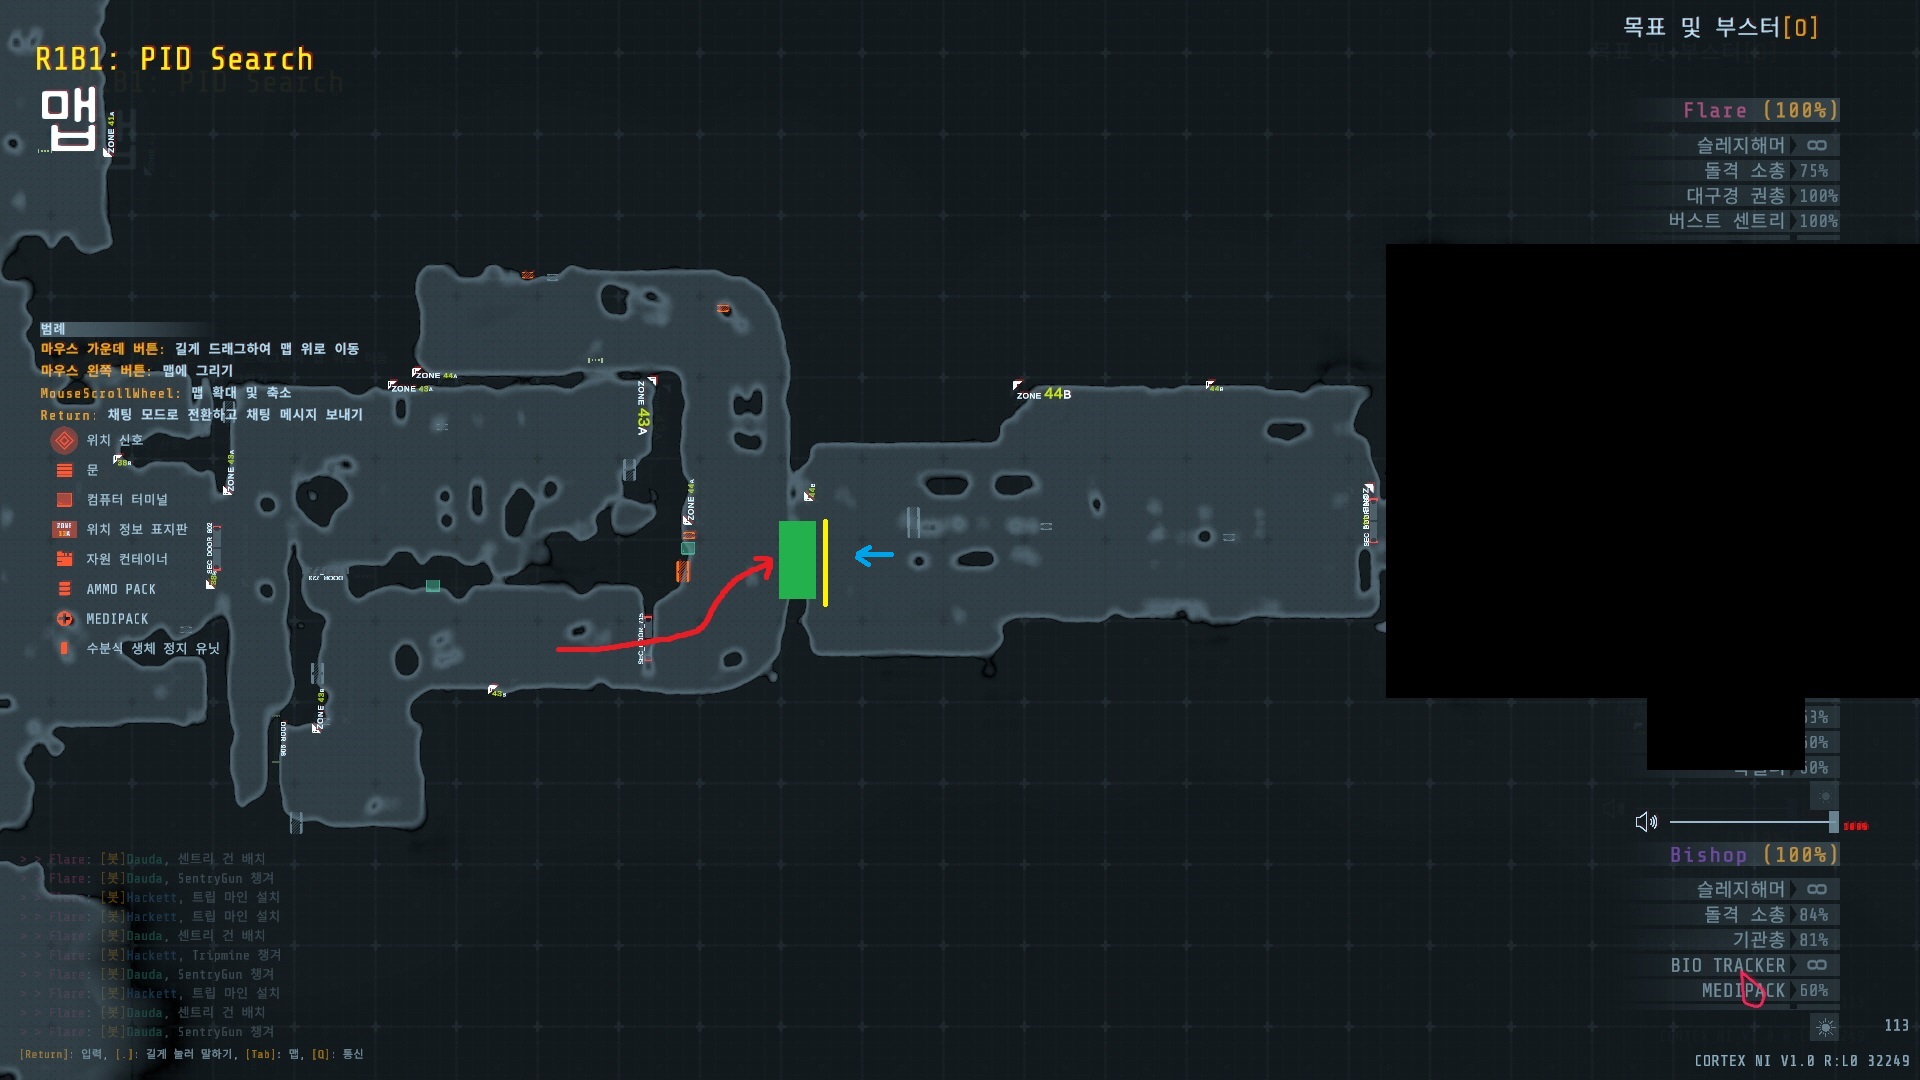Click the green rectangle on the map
[797, 560]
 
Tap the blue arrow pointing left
[874, 555]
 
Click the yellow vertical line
[825, 562]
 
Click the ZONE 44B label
[1044, 394]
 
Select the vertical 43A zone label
[642, 409]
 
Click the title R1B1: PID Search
[174, 60]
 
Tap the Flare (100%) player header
[1760, 110]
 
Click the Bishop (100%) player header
[1753, 855]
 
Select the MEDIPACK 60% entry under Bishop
[1764, 990]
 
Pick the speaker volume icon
[1646, 822]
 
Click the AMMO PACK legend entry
[121, 589]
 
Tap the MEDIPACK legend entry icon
[65, 619]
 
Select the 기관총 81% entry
[1780, 940]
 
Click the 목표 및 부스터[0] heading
[1720, 27]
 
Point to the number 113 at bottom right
[1896, 1025]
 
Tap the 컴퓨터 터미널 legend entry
[127, 499]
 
